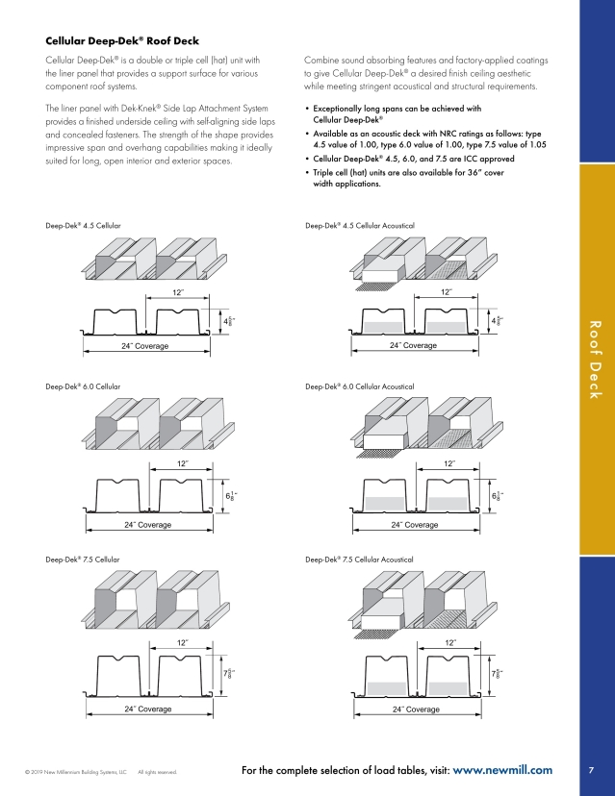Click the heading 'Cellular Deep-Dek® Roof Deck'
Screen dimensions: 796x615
[x=122, y=40]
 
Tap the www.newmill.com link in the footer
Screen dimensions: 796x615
[x=501, y=770]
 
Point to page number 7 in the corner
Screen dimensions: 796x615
[x=589, y=770]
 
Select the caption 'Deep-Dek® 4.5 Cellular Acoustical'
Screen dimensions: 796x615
[x=359, y=224]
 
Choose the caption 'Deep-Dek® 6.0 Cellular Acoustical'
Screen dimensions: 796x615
[x=359, y=386]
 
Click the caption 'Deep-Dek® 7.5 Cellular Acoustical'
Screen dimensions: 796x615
[x=359, y=559]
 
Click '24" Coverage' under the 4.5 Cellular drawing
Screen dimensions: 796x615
[x=146, y=344]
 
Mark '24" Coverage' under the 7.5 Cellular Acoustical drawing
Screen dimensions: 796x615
[x=416, y=709]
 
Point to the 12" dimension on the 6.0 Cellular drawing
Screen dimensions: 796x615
[x=182, y=463]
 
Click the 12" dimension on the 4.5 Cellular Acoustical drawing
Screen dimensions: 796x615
[x=447, y=291]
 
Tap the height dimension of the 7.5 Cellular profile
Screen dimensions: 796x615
[x=228, y=674]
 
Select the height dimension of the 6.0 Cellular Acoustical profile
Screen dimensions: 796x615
[x=497, y=495]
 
